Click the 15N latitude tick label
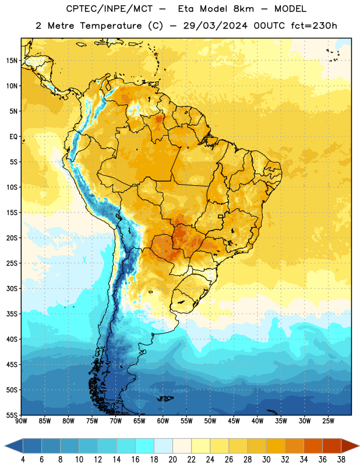pos(12,61)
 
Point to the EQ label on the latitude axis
pos(13,137)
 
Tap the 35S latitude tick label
pos(12,314)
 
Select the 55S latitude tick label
pos(12,415)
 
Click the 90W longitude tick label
pos(21,421)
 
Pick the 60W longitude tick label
pos(163,421)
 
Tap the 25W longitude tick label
pos(328,421)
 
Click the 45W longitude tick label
pos(234,421)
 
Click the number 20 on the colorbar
pos(172,460)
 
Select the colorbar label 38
pos(341,460)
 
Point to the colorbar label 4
pos(23,460)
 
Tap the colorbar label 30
pos(266,460)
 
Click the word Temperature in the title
pos(111,26)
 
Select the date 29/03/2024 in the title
pos(215,26)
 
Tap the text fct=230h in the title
pos(314,26)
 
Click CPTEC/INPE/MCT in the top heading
pos(109,9)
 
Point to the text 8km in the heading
pos(243,9)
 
